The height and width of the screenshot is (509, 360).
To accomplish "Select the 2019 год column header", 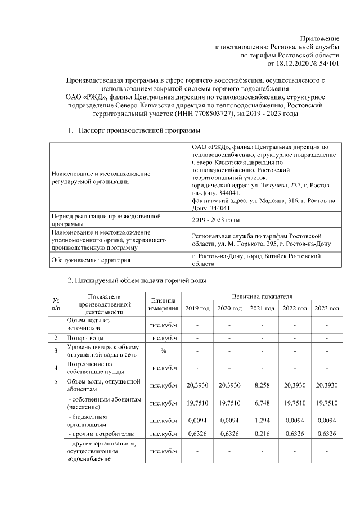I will tap(197, 309).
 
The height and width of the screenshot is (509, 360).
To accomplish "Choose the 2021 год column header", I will tap(262, 309).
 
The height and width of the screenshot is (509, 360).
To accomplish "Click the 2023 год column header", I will tap(327, 309).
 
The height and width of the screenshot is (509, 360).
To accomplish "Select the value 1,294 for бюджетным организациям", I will tap(262, 420).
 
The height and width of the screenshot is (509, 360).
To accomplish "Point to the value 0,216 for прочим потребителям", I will tap(262, 434).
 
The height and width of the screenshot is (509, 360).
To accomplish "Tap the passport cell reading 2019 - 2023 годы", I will tap(216, 220).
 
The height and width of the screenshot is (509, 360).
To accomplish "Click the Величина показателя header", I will tap(262, 296).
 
